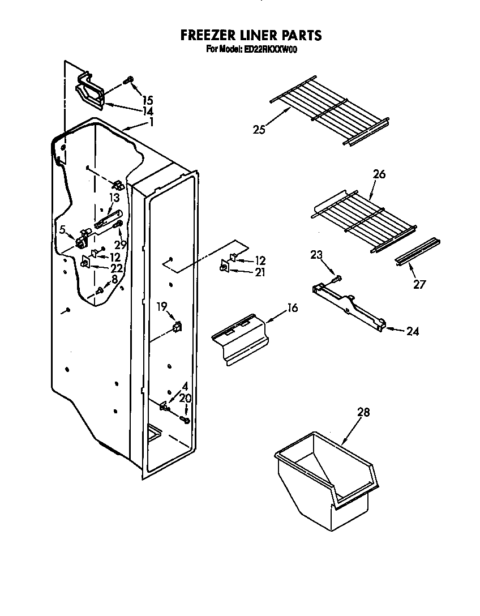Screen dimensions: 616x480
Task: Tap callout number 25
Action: coord(259,130)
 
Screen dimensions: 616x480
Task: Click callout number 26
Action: coord(379,174)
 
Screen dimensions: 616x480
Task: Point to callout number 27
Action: coord(419,284)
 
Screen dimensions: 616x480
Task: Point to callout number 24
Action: coord(413,331)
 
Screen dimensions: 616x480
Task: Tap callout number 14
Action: coord(148,112)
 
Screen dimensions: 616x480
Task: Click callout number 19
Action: coord(162,307)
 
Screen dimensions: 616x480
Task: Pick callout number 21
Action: coord(260,272)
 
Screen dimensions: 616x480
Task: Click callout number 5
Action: coord(63,229)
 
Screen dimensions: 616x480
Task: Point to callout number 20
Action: coord(185,398)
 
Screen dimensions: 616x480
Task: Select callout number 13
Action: coord(114,198)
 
